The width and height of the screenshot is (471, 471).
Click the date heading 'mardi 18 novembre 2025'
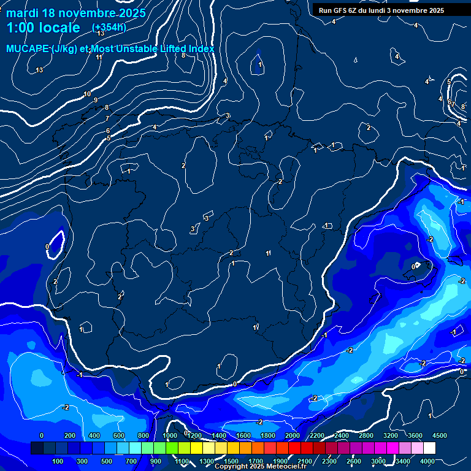tap(75, 13)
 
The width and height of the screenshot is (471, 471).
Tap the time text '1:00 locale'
tap(44, 28)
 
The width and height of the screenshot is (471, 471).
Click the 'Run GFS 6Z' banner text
tap(347, 10)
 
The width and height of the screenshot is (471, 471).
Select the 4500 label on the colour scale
tap(439, 435)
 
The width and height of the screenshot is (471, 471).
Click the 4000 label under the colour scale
tap(427, 461)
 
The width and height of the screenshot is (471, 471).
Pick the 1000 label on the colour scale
tap(169, 435)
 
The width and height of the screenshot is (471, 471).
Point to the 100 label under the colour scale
tap(58, 461)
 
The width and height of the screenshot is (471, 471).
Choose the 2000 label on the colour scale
tap(293, 435)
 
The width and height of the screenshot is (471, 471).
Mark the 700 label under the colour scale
tap(132, 461)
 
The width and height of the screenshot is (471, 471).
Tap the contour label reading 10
tap(87, 94)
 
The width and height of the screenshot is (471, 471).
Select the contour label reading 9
tap(95, 101)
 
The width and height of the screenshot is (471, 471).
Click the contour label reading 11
tap(99, 57)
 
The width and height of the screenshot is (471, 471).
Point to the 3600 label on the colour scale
tap(415, 435)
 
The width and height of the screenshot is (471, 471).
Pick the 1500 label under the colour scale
tap(231, 461)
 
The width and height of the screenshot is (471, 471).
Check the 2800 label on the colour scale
tap(366, 435)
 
